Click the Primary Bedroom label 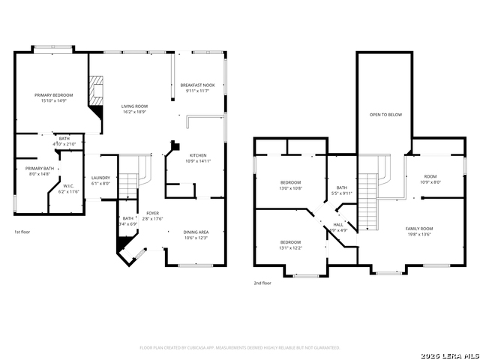(53, 95)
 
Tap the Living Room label (134, 106)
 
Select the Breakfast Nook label (197, 85)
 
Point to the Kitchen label (197, 155)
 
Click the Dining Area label (196, 232)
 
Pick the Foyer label (152, 213)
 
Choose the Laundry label (100, 178)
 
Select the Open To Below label (385, 115)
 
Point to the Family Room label (419, 228)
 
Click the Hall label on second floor (337, 224)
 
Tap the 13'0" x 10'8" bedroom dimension (290, 188)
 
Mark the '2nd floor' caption (262, 283)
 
